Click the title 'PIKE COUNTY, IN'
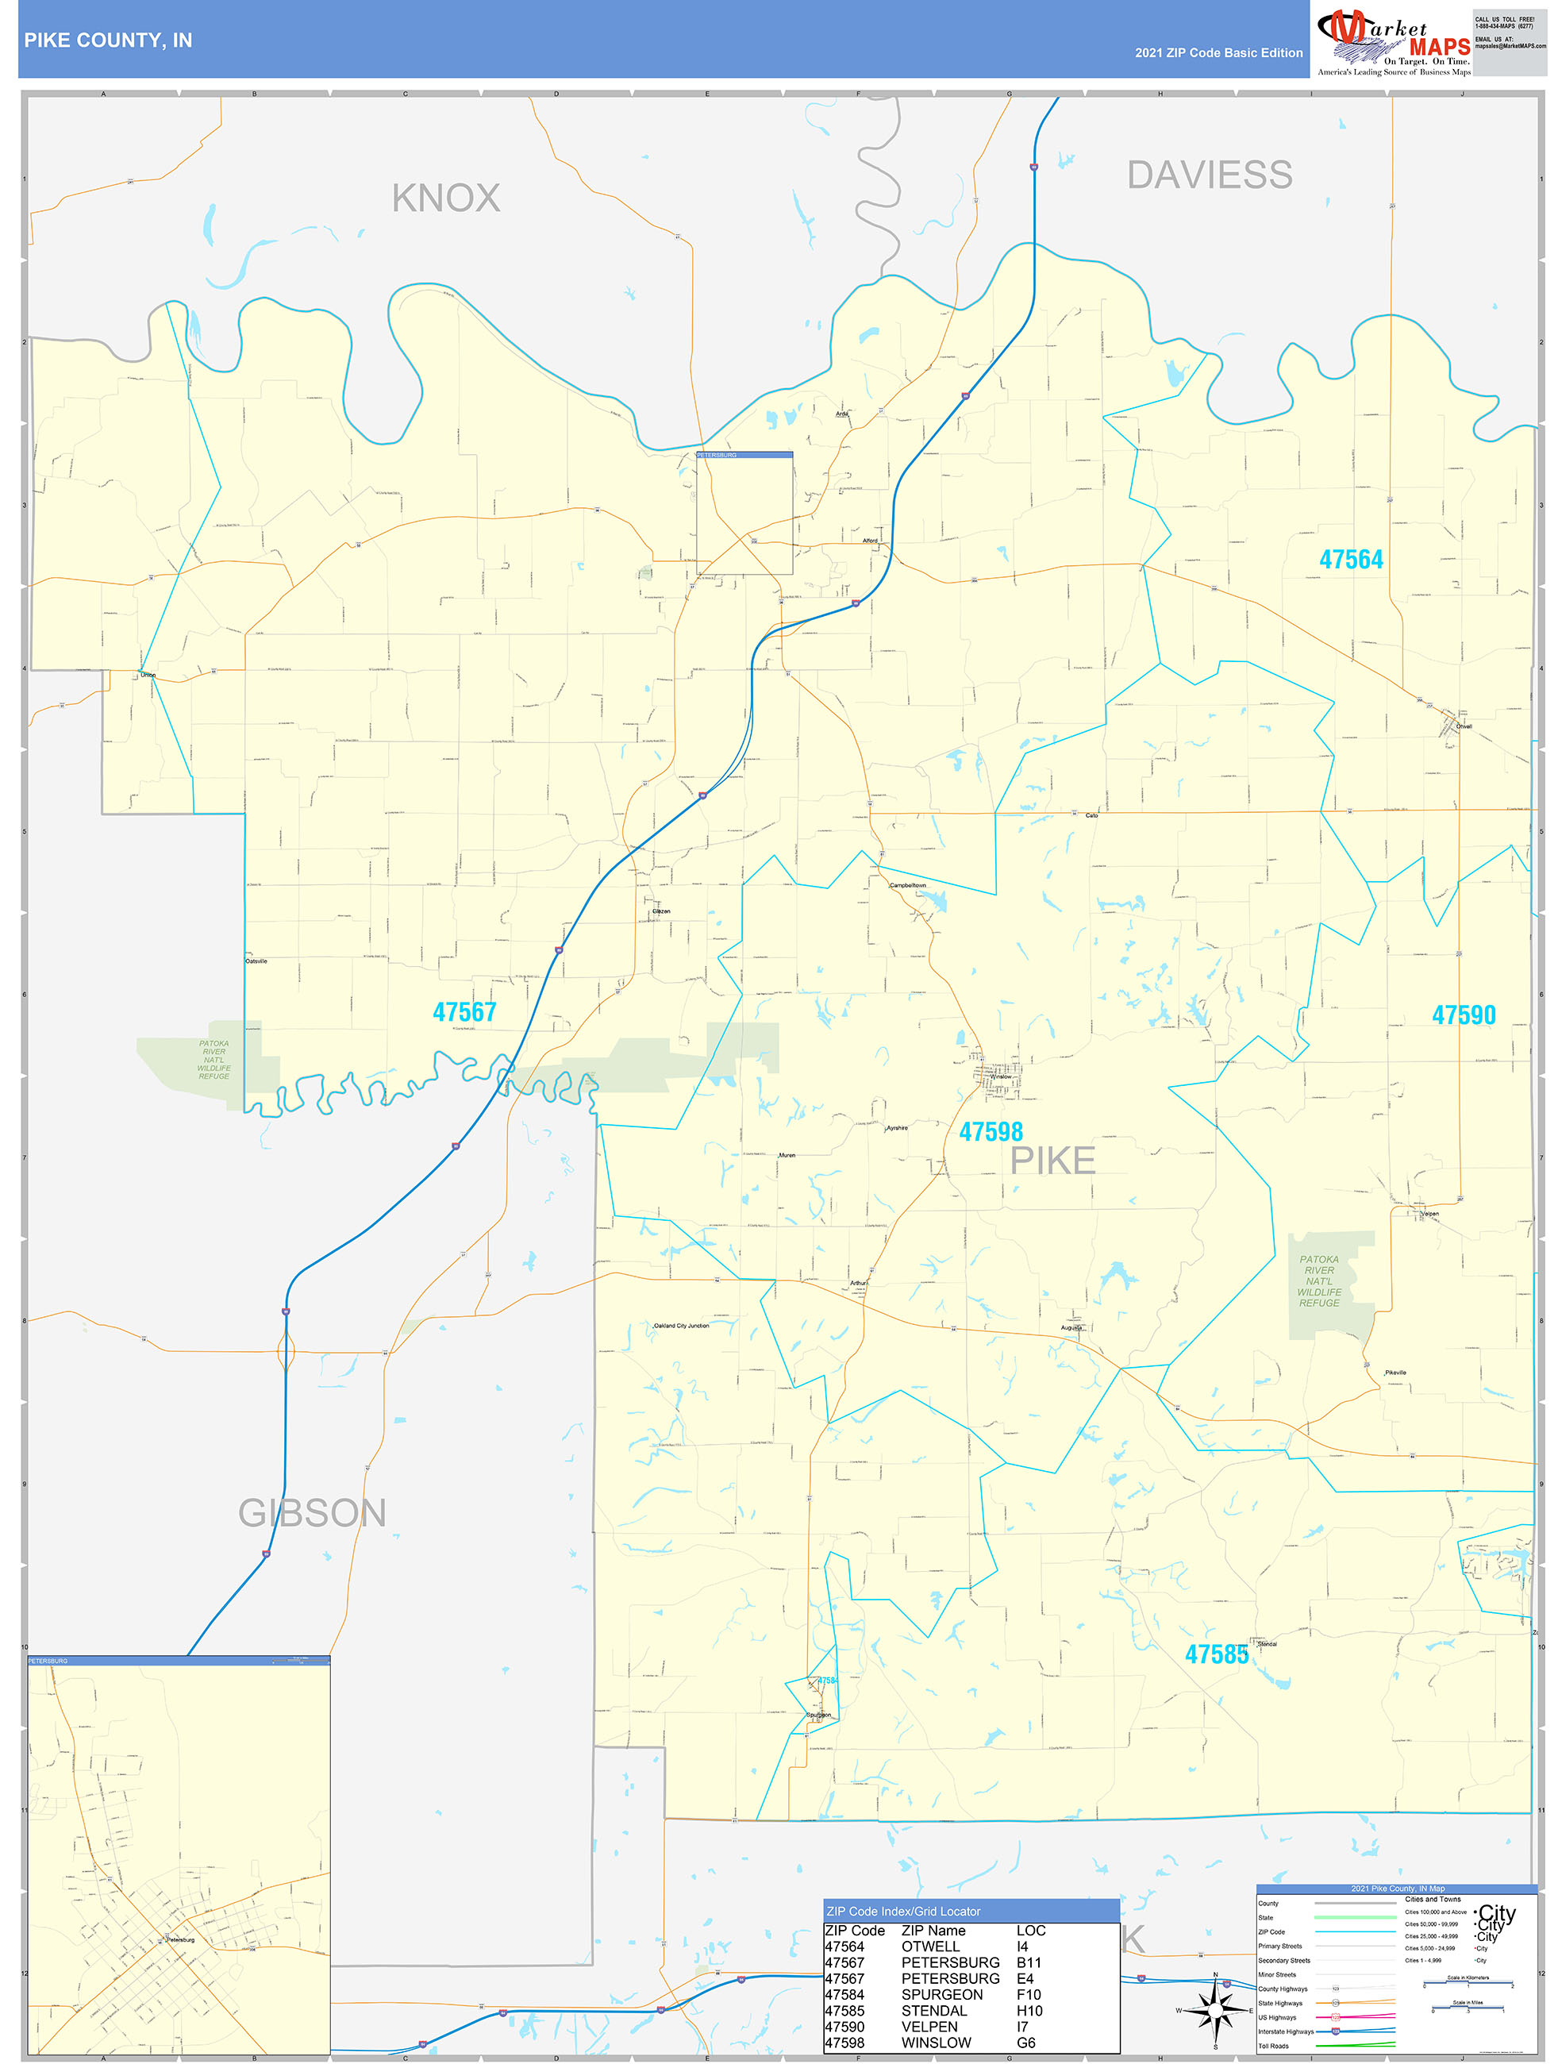click(x=108, y=40)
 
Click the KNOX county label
click(x=445, y=198)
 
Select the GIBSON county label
click(x=312, y=1512)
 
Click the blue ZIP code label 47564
click(x=1350, y=560)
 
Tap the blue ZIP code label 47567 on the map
click(x=464, y=1012)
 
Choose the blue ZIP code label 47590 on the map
click(x=1463, y=1015)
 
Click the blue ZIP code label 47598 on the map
click(x=991, y=1132)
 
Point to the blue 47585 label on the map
click(x=1216, y=1654)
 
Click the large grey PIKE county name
click(x=1052, y=1161)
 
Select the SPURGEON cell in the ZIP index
click(x=941, y=1994)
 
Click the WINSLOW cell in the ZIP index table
click(x=936, y=2043)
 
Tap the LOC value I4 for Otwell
click(x=1021, y=1947)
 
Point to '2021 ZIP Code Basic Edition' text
click(x=1218, y=53)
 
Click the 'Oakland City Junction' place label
click(x=681, y=1325)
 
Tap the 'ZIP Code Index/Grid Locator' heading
click(x=903, y=1911)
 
